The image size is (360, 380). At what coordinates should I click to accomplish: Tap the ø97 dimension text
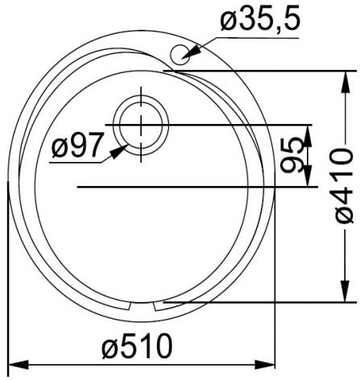point(77,145)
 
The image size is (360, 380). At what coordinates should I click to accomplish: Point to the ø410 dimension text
point(345,186)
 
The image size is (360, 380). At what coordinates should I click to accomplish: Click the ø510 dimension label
point(137,346)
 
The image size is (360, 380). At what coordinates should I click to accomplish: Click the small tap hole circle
point(180,54)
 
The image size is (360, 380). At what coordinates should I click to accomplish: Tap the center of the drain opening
point(141,125)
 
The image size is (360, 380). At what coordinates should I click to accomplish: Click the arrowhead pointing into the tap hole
point(191,52)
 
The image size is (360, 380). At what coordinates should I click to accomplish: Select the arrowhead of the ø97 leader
point(119,151)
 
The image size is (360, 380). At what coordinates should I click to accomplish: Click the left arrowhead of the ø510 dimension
point(19,365)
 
